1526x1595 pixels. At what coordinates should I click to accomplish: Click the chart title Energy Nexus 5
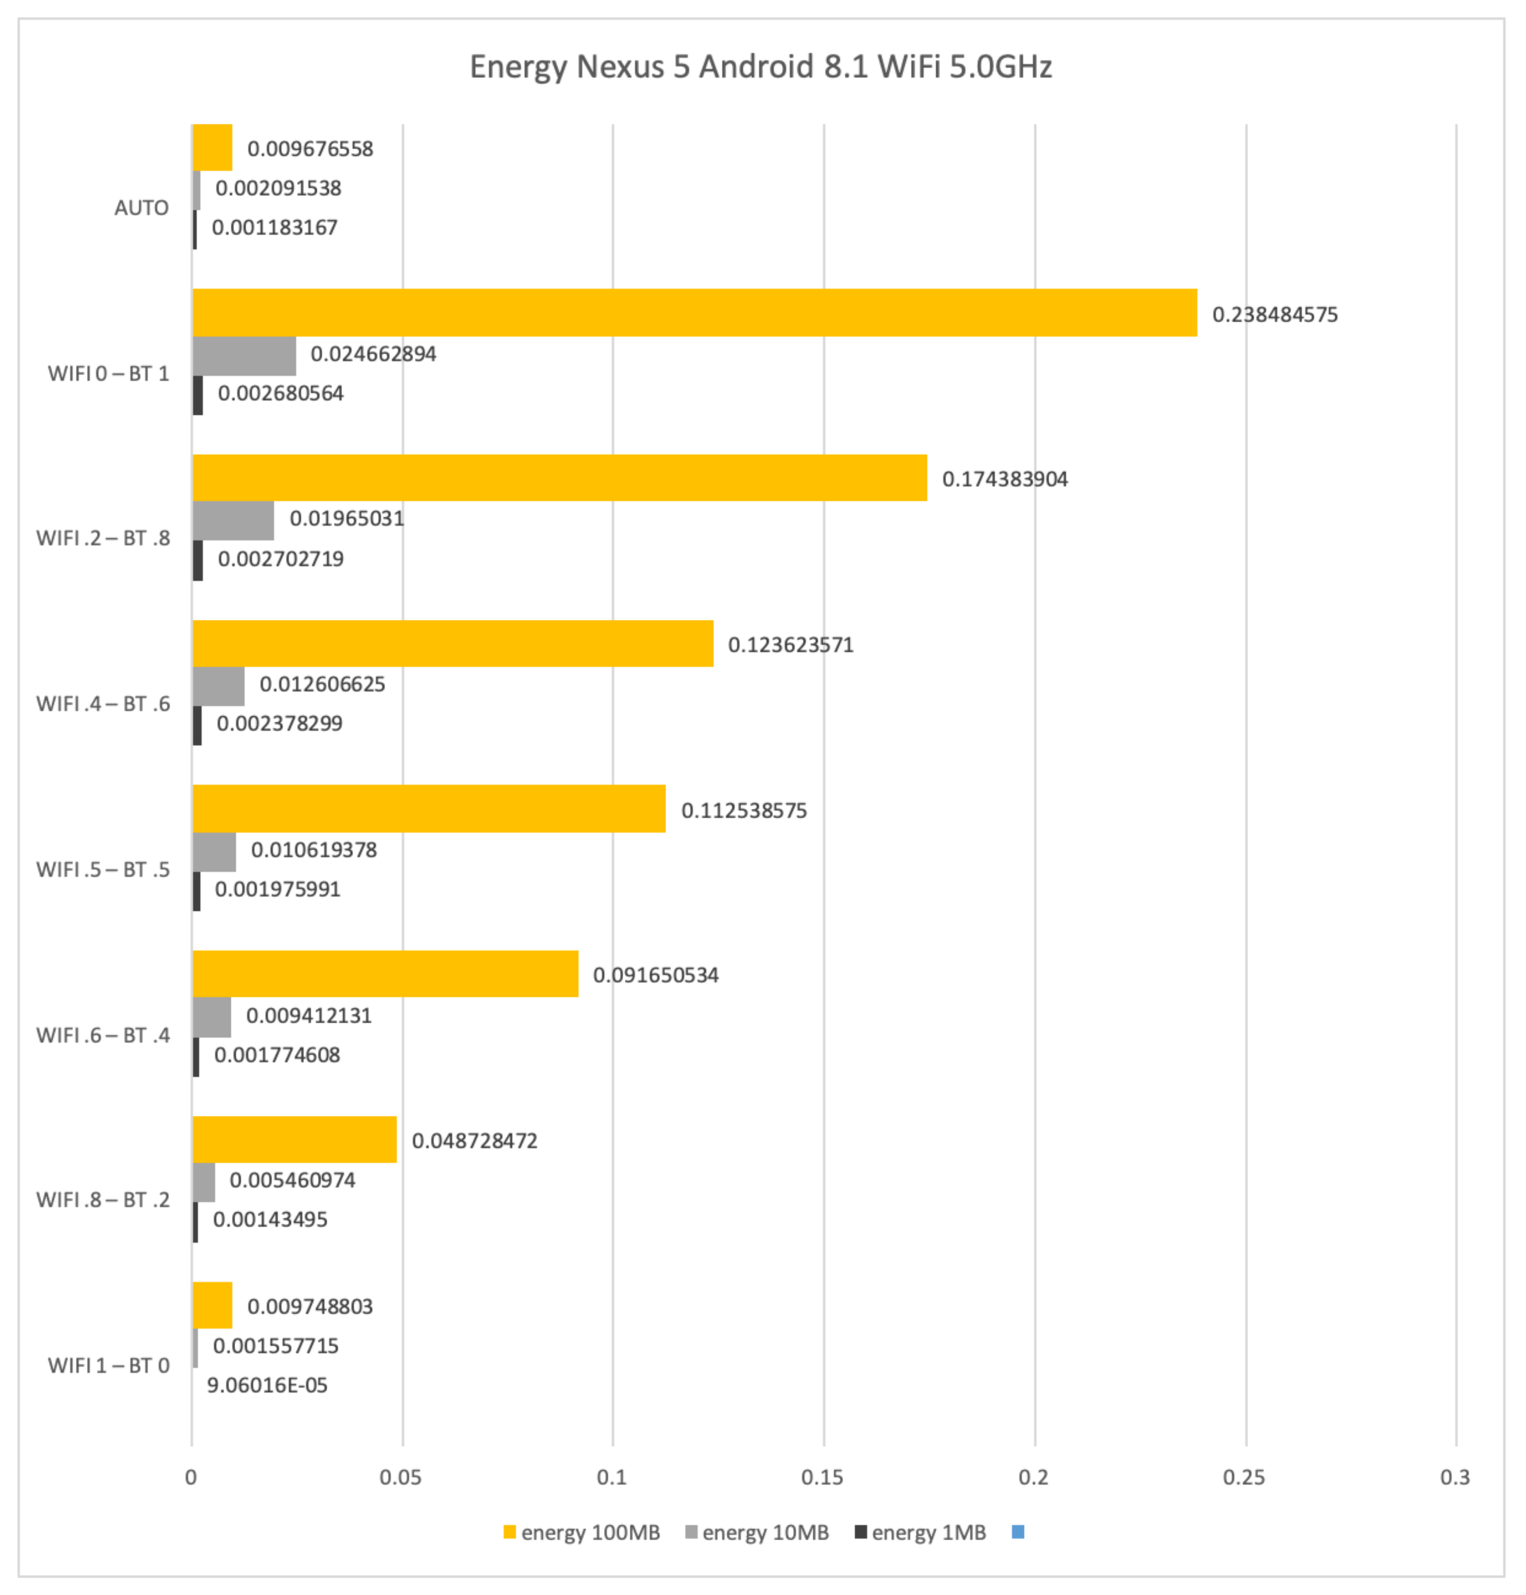pos(761,67)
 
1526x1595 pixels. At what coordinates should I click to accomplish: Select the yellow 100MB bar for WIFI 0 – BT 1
pos(694,312)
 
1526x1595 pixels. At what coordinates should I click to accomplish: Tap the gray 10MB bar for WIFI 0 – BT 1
pos(244,355)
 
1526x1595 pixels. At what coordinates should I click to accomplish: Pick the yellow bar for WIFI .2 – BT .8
pos(560,477)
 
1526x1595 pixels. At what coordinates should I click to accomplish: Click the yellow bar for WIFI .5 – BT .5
pos(429,808)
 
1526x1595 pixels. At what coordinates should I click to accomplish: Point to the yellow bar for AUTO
pos(212,147)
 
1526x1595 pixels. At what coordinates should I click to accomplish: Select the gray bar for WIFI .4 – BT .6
pos(218,686)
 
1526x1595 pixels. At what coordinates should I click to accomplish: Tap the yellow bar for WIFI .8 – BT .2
pos(294,1139)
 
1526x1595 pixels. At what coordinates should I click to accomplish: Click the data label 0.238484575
pos(1274,315)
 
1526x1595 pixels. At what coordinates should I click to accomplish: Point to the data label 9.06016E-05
pos(267,1385)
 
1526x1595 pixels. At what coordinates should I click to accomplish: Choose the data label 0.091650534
pos(655,975)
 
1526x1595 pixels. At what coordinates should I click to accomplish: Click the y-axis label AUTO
pos(141,208)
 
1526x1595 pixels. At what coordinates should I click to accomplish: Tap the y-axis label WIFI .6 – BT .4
pos(103,1035)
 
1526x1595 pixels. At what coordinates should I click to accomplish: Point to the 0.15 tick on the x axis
pos(822,1477)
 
